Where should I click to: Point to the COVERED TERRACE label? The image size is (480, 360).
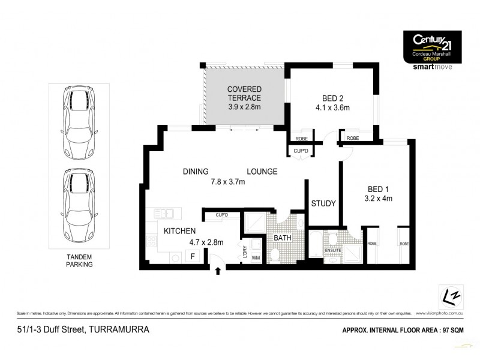click(244, 94)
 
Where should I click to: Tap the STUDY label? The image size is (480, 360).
click(323, 203)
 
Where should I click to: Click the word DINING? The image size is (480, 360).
click(196, 172)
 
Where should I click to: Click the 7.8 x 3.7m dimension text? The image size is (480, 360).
click(229, 182)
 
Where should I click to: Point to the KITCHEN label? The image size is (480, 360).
click(177, 231)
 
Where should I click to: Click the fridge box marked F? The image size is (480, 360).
click(192, 256)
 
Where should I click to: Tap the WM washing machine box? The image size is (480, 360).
click(256, 259)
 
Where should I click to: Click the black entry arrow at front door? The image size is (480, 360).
click(218, 272)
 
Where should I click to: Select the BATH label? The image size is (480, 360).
click(282, 238)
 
